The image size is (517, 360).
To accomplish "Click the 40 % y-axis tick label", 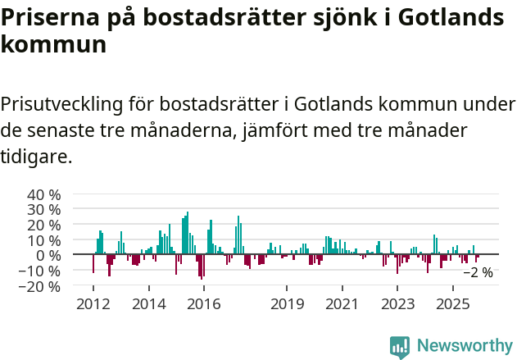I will pos(44,195).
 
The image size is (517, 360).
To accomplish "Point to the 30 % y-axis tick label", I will pos(44,210).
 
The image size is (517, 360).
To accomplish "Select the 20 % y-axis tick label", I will pos(44,226).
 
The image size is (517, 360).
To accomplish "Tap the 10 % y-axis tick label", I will pos(44,240).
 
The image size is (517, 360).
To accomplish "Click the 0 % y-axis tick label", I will pos(48,256).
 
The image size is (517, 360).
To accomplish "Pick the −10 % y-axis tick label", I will pos(40,271).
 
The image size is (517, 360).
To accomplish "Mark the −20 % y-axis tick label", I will pos(40,287).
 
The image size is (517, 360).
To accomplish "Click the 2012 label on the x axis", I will pos(93,304).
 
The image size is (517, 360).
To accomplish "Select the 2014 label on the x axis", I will pos(148,304).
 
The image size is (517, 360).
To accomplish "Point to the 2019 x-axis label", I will pos(287,304).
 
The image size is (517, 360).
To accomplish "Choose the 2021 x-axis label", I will pos(342,304).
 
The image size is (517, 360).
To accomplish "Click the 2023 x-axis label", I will pos(398,304).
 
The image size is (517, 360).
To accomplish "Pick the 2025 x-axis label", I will pos(454,304).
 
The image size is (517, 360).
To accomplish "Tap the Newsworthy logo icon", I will pos(400,347).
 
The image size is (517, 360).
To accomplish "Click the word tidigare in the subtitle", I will pos(34,156).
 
